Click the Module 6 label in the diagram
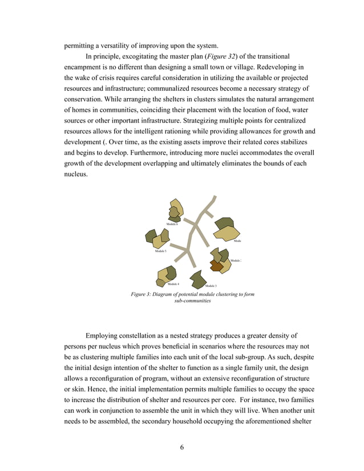click(172, 224)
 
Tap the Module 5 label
click(160, 251)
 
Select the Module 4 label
click(173, 283)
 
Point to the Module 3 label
click(211, 285)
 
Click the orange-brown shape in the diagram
click(216, 265)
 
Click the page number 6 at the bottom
click(182, 447)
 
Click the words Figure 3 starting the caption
click(143, 294)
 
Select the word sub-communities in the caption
click(192, 301)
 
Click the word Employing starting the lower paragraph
click(105, 335)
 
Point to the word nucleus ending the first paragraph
click(75, 174)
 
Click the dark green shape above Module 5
click(151, 235)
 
